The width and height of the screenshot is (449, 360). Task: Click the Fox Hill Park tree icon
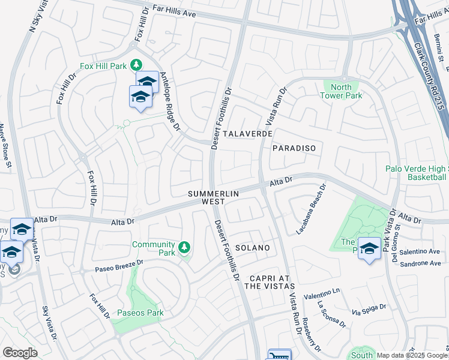click(x=137, y=65)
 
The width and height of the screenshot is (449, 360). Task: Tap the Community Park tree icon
click(x=185, y=247)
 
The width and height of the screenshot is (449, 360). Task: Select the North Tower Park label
click(x=340, y=91)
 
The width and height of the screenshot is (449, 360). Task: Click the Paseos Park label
click(x=139, y=313)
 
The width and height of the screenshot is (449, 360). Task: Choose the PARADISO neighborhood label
click(x=294, y=148)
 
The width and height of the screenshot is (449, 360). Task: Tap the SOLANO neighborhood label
click(x=252, y=248)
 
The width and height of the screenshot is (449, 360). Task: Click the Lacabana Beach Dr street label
click(x=310, y=209)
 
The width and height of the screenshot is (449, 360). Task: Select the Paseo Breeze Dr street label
click(x=119, y=265)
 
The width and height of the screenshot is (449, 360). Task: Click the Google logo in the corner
click(x=20, y=353)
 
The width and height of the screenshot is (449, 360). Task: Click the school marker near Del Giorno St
click(x=369, y=249)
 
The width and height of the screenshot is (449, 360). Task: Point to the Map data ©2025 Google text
click(x=411, y=355)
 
